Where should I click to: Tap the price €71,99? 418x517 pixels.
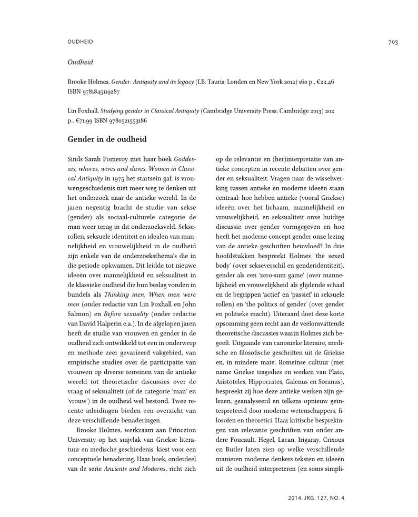click(86, 120)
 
